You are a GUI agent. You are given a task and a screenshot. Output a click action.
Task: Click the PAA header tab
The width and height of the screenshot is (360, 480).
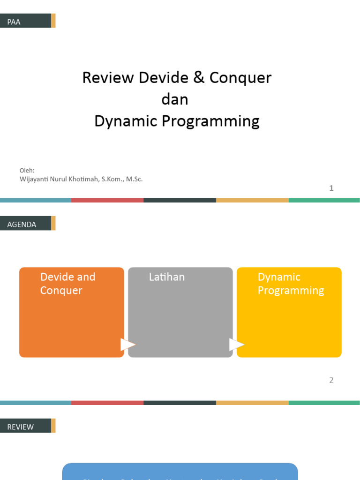click(25, 21)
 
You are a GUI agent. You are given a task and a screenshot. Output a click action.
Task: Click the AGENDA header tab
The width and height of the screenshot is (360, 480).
click(25, 224)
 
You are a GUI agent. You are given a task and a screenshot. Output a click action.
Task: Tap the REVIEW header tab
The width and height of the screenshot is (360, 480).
click(25, 426)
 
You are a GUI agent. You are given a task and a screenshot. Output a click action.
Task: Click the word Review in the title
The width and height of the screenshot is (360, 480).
click(108, 78)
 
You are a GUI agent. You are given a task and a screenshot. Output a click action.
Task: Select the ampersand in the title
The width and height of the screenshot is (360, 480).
click(198, 78)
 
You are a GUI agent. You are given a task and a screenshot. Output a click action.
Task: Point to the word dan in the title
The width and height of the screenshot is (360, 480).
click(175, 99)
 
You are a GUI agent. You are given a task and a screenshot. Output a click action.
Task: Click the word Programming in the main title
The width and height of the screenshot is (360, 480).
click(211, 121)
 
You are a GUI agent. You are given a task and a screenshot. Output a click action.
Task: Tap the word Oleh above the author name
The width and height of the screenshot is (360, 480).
click(27, 171)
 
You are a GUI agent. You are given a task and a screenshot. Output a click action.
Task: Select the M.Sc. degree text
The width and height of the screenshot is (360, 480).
click(134, 179)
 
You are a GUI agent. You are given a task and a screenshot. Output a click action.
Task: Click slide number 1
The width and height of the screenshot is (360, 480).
click(331, 188)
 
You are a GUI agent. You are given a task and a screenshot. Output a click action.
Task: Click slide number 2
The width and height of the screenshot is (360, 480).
click(331, 380)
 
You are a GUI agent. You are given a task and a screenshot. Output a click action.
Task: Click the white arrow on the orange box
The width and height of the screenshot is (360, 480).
click(127, 345)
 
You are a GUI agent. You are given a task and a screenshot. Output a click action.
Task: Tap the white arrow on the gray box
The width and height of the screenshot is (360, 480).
click(236, 345)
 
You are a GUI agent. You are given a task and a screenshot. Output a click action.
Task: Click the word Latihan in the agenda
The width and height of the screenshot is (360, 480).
click(167, 277)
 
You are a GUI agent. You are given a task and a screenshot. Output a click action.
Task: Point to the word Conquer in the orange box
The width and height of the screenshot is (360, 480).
click(61, 291)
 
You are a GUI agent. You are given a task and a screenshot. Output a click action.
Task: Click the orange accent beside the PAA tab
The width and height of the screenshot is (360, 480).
click(53, 21)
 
